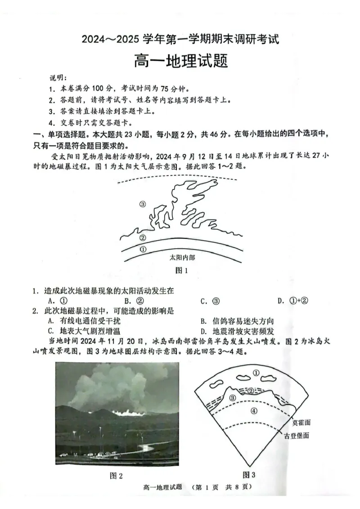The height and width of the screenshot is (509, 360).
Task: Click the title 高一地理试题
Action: (x=180, y=61)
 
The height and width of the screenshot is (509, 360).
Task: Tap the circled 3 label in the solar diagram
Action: (x=143, y=204)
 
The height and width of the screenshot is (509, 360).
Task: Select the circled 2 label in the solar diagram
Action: (x=143, y=237)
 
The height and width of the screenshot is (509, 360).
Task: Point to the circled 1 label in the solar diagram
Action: (x=144, y=249)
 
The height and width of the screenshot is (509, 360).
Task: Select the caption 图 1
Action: (x=180, y=271)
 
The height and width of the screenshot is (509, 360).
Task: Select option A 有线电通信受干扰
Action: (x=84, y=321)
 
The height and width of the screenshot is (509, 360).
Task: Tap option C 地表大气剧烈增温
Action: (x=84, y=332)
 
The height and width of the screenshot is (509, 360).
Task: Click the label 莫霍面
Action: (x=301, y=422)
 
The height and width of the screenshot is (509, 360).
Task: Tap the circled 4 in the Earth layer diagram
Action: (x=254, y=411)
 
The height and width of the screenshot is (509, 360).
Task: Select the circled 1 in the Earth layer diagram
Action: (x=256, y=373)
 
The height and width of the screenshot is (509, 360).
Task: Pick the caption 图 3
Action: (x=249, y=474)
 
